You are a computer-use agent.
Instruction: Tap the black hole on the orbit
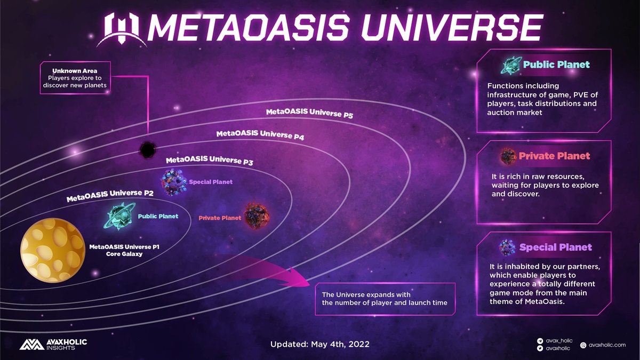click(147, 149)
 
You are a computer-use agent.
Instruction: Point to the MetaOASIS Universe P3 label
click(209, 161)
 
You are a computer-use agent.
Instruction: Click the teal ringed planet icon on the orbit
click(122, 216)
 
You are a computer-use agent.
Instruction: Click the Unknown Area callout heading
click(74, 70)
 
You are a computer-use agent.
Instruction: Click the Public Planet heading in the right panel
click(556, 65)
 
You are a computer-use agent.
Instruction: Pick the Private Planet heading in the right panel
click(555, 156)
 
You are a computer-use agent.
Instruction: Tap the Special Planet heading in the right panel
click(555, 247)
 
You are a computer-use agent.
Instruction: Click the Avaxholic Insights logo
click(53, 344)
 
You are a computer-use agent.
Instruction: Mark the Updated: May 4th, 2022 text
click(320, 345)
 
